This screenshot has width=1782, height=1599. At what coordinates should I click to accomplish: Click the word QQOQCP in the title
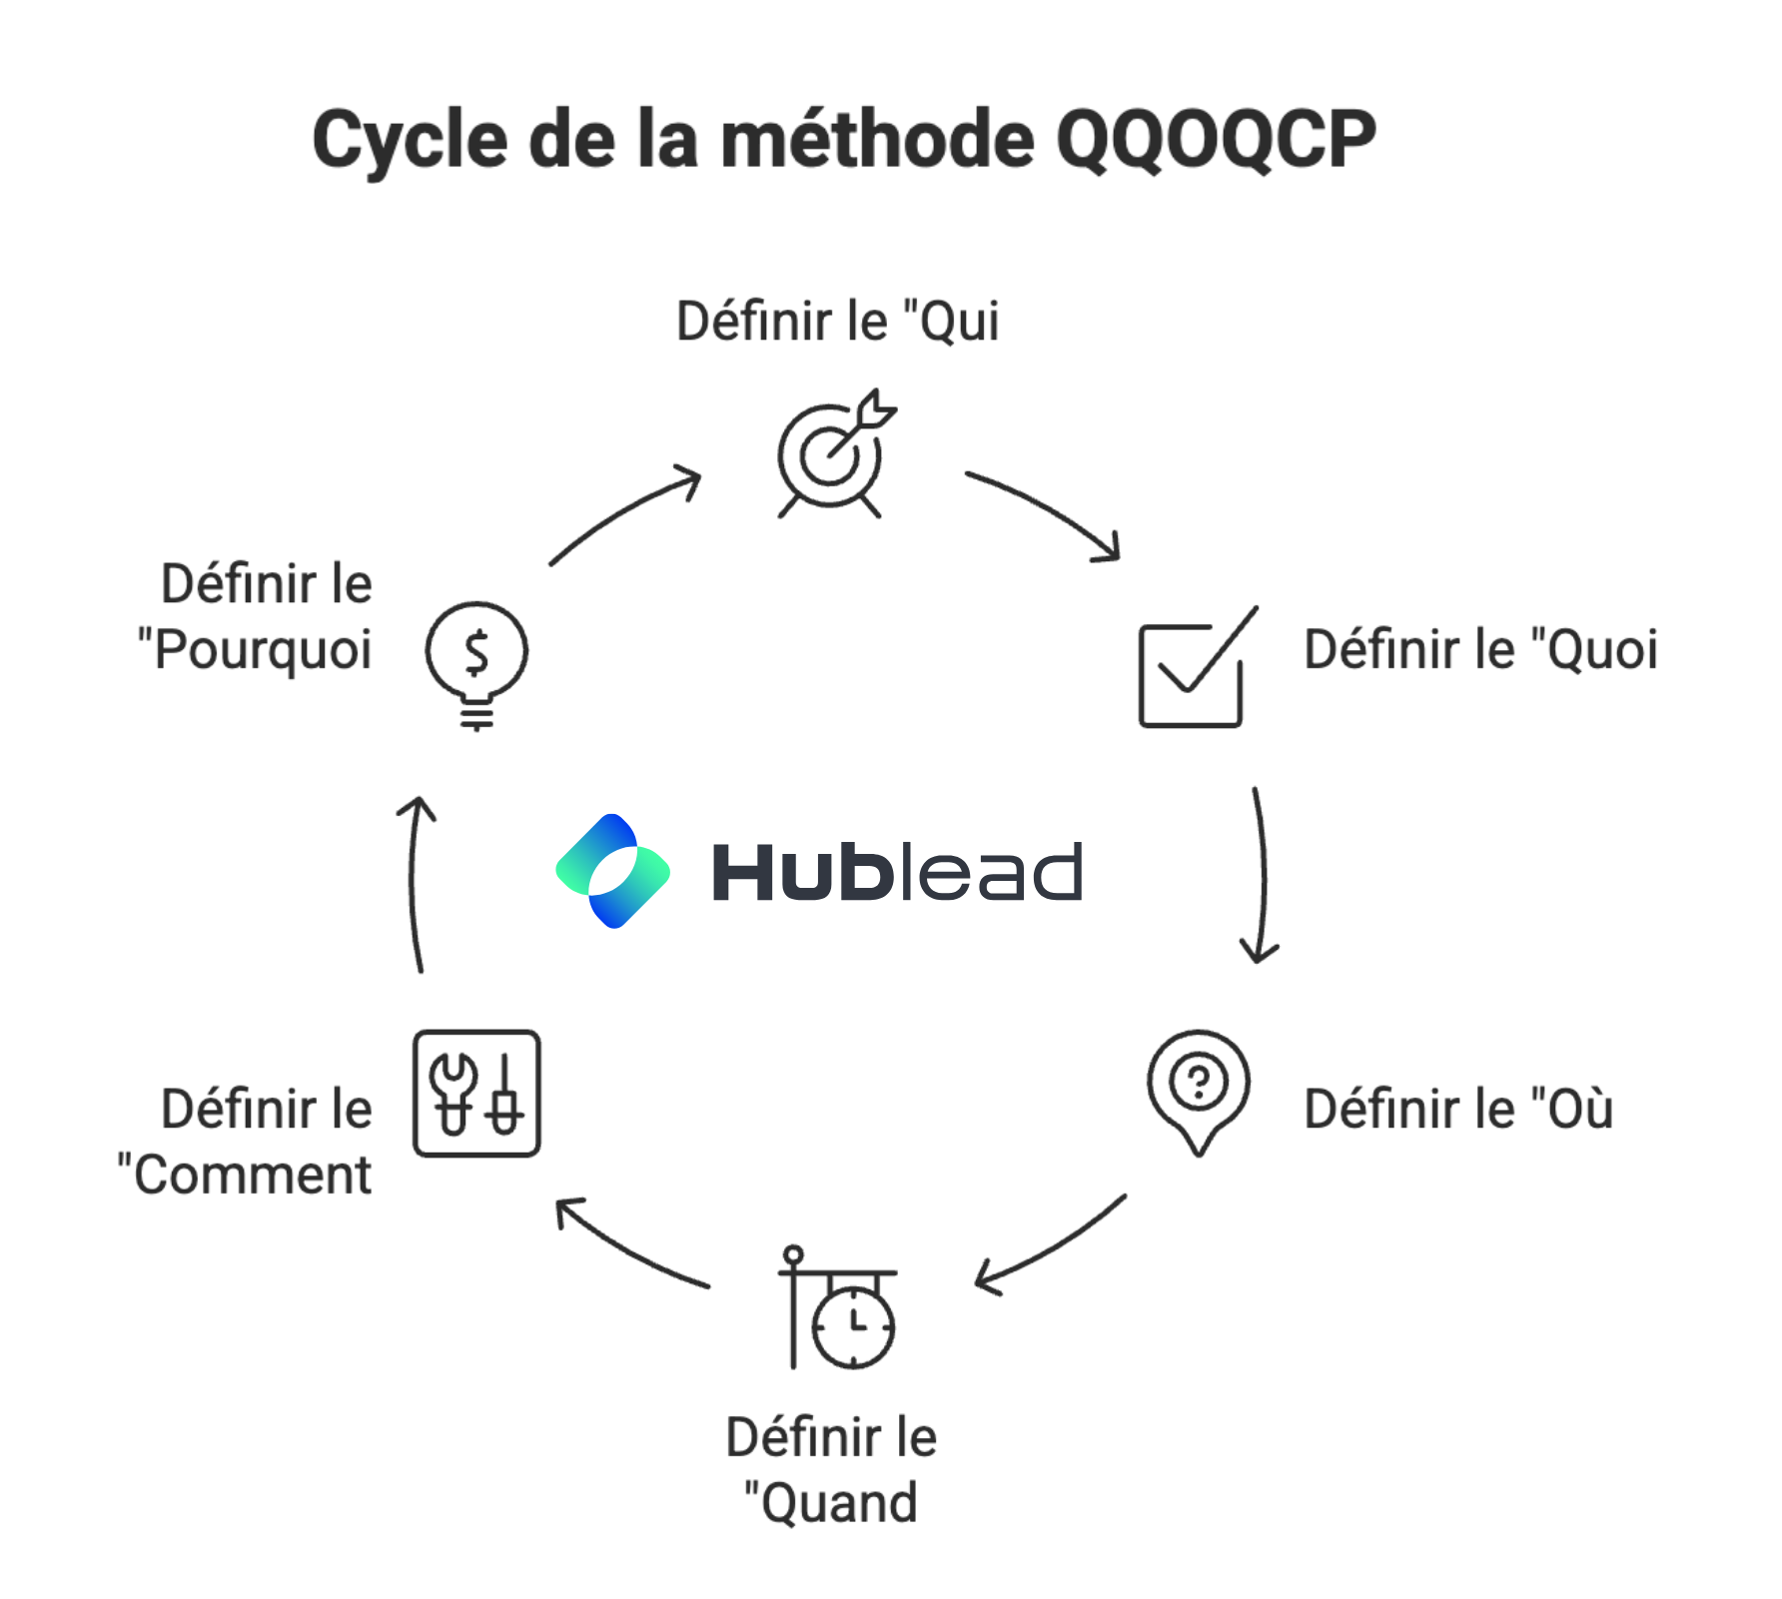pyautogui.click(x=1215, y=140)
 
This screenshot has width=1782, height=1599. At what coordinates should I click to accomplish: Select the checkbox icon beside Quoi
pyautogui.click(x=1194, y=668)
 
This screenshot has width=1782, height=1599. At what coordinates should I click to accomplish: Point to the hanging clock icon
pyautogui.click(x=839, y=1309)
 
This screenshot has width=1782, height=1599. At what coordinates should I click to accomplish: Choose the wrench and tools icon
pyautogui.click(x=476, y=1094)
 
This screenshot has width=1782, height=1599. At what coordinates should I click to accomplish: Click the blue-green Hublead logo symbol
pyautogui.click(x=612, y=871)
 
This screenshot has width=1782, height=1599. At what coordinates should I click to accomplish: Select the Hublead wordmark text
pyautogui.click(x=896, y=872)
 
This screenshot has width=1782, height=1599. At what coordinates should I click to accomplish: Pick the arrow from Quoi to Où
pyautogui.click(x=1262, y=875)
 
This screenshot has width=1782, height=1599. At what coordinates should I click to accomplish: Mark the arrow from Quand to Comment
pyautogui.click(x=628, y=1245)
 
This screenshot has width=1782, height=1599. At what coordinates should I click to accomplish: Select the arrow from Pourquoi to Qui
pyautogui.click(x=624, y=514)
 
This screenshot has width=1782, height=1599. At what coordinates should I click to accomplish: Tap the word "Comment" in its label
pyautogui.click(x=252, y=1175)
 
